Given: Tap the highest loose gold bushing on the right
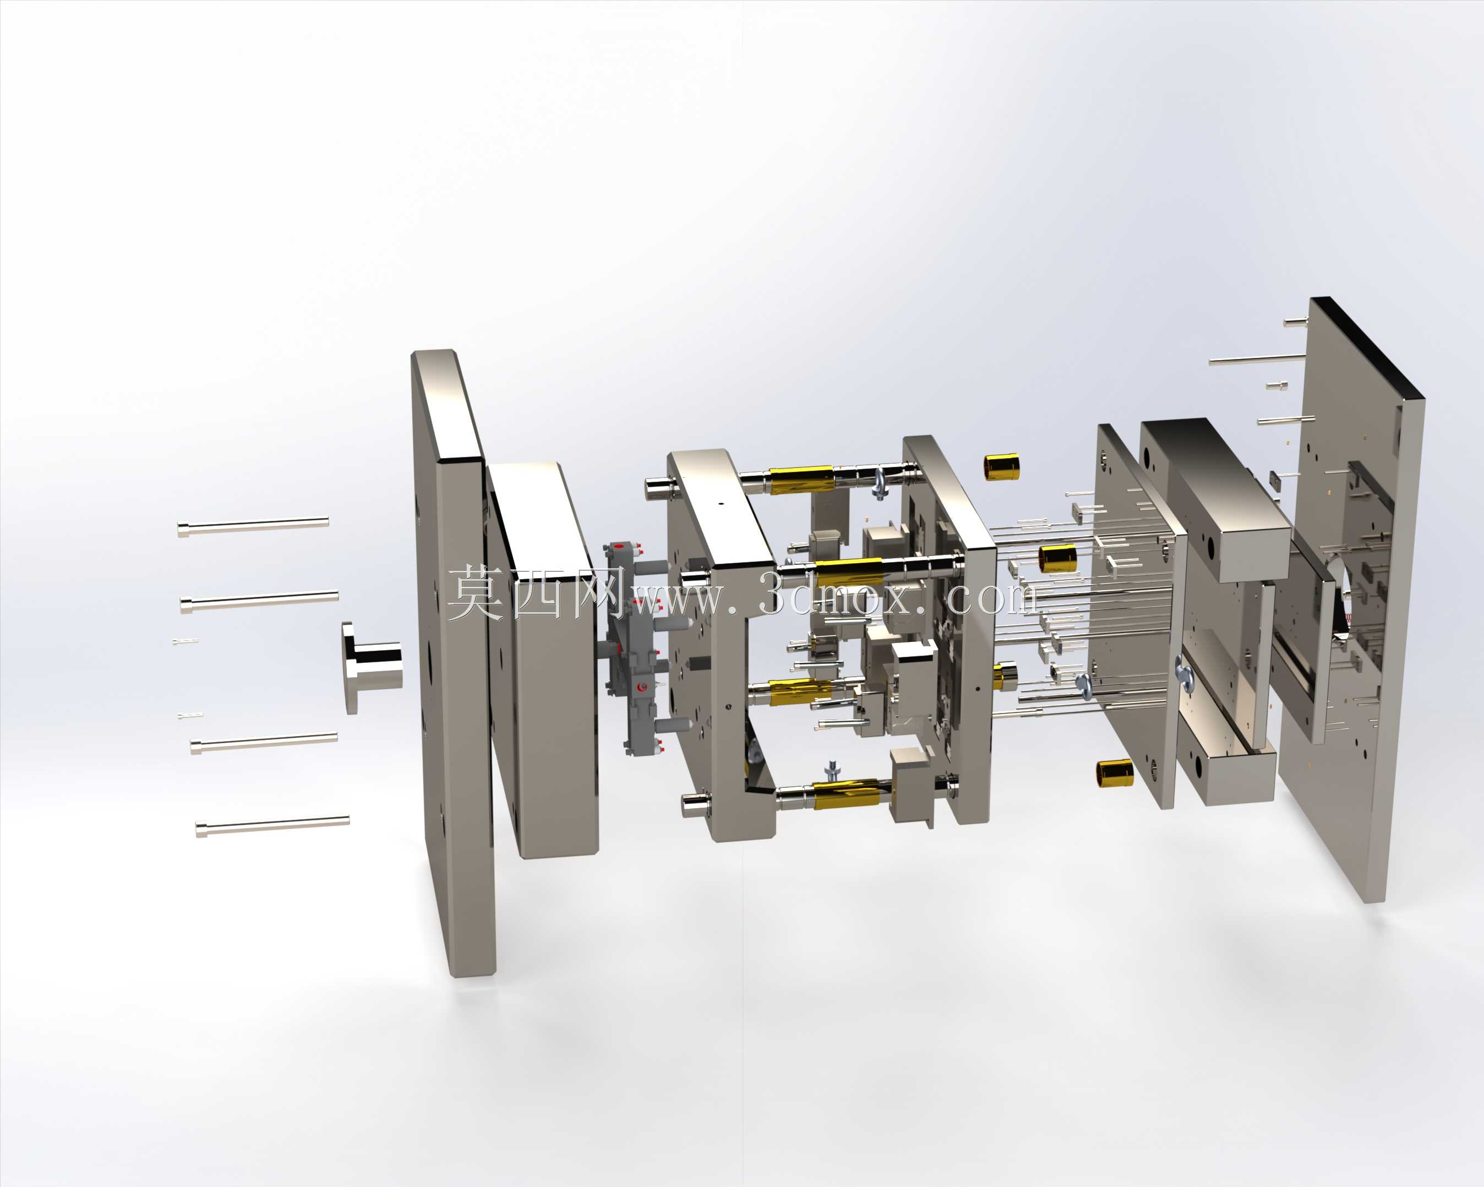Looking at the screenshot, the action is tap(1001, 467).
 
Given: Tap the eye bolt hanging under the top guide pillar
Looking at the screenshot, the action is tap(879, 489).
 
